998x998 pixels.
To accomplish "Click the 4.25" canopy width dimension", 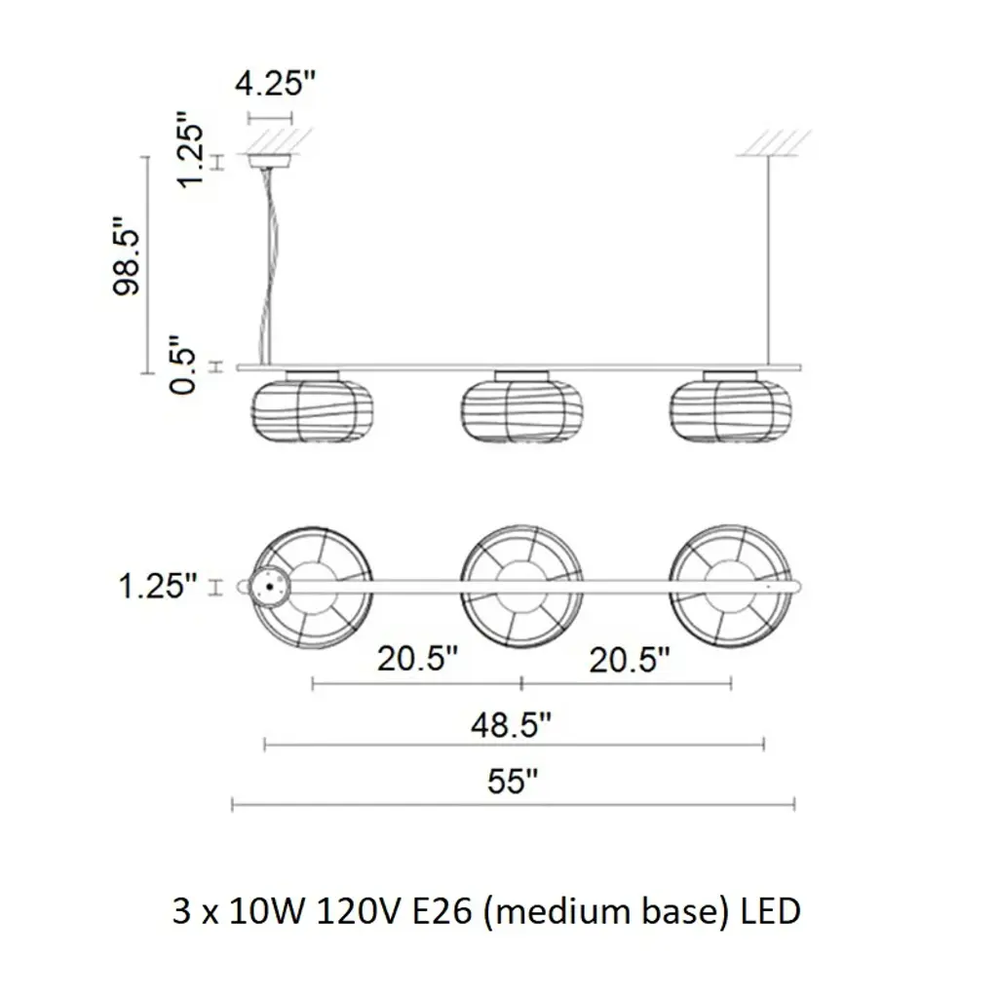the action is point(275,83).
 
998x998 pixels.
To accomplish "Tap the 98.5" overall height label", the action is point(126,256).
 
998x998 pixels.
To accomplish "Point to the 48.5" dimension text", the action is point(511,724).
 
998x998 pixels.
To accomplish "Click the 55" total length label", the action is point(513,781).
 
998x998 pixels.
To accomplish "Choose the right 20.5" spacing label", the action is point(630,660).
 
